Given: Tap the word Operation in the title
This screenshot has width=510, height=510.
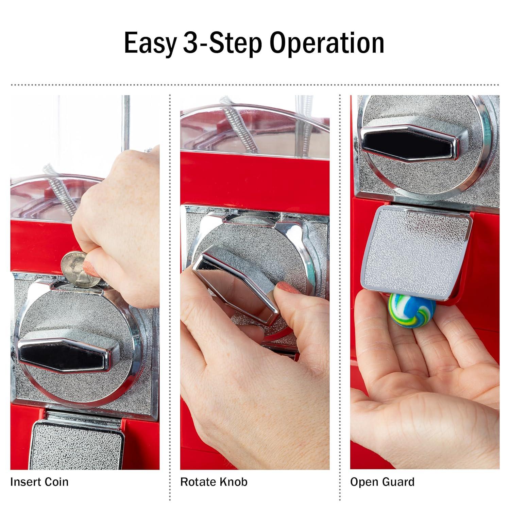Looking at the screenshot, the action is (x=327, y=43).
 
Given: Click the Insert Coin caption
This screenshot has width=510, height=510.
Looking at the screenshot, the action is (x=39, y=482).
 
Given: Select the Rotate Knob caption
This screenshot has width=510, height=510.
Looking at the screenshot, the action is (x=214, y=482).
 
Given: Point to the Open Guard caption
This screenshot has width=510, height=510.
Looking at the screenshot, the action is (x=382, y=482).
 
